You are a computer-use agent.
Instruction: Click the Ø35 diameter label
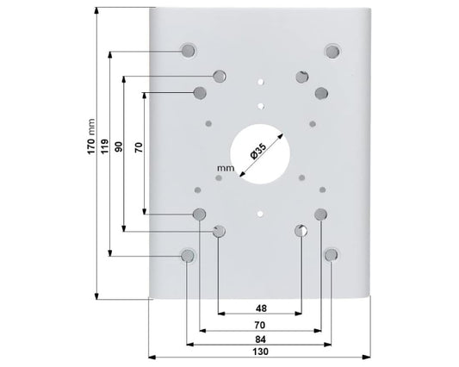258,151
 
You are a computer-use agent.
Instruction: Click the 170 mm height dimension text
91,136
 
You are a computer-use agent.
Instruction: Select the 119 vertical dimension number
104,146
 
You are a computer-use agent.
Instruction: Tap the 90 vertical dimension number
118,146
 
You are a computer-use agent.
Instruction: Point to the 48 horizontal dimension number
261,308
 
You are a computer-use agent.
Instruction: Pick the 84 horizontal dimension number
260,339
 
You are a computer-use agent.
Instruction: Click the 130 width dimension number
260,351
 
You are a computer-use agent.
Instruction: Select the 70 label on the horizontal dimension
260,325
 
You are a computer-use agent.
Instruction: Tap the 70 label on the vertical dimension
138,147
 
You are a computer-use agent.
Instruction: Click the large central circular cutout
260,154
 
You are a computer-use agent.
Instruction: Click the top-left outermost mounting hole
188,51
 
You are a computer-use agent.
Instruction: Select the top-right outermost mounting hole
332,52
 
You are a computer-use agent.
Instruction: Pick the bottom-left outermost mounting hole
188,256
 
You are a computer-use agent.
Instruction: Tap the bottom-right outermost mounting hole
331,255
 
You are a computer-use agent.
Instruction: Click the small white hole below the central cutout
260,215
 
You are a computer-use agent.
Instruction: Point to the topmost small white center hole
260,82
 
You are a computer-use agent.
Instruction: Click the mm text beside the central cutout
226,168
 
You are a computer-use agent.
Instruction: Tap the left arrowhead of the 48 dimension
221,314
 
